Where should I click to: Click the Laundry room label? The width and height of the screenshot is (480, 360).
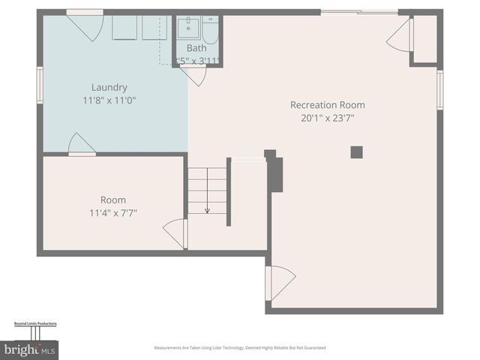pyautogui.click(x=109, y=87)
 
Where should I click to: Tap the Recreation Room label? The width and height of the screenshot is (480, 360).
pyautogui.click(x=327, y=105)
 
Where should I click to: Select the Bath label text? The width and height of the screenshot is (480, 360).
pyautogui.click(x=196, y=49)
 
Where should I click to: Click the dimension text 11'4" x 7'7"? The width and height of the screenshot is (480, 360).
pyautogui.click(x=113, y=212)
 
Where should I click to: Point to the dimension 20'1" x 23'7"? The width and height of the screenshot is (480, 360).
pyautogui.click(x=327, y=117)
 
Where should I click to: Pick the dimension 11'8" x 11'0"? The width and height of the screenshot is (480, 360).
pyautogui.click(x=109, y=100)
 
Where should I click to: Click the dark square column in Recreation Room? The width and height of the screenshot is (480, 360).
pyautogui.click(x=356, y=152)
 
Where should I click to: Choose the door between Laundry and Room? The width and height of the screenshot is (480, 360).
pyautogui.click(x=81, y=145)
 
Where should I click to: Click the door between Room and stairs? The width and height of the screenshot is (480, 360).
pyautogui.click(x=177, y=232)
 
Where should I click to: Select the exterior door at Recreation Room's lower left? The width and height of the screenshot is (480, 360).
pyautogui.click(x=280, y=283)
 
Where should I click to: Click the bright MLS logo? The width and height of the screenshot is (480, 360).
pyautogui.click(x=29, y=349)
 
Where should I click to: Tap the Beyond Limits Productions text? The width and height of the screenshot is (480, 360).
pyautogui.click(x=35, y=323)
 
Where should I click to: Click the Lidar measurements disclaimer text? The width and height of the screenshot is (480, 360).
pyautogui.click(x=240, y=348)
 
